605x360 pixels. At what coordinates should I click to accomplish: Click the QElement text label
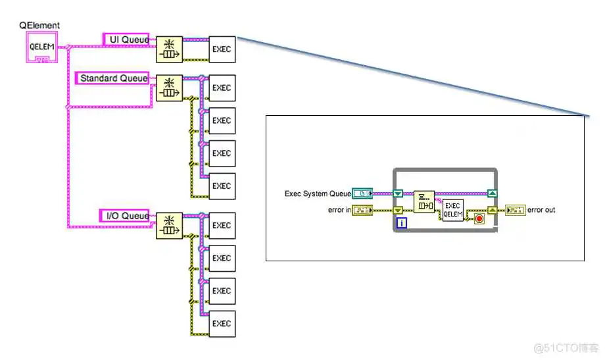40,26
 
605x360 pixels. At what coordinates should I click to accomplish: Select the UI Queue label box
126,39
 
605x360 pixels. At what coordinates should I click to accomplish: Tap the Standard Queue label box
113,78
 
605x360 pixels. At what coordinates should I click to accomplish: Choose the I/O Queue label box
125,216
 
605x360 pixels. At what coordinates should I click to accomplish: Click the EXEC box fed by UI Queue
222,49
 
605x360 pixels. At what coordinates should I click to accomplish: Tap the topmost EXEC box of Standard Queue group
222,88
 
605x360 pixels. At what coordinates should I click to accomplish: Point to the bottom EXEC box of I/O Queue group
222,324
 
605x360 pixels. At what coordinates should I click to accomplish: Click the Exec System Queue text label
318,193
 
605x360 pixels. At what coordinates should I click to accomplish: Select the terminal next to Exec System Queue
362,193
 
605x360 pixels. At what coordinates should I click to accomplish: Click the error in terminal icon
362,211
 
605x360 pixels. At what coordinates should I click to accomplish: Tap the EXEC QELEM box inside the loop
452,210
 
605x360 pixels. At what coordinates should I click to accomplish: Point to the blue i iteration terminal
401,223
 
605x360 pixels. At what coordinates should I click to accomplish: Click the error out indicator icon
515,211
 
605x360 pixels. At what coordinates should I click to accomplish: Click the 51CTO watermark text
566,347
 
